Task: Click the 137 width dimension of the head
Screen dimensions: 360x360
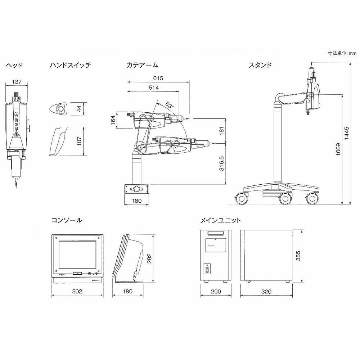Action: (17, 82)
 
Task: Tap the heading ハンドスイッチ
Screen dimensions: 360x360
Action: (71, 65)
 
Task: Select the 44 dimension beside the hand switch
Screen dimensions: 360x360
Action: (79, 109)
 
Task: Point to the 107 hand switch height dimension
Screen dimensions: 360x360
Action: (79, 141)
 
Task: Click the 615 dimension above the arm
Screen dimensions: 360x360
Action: (158, 78)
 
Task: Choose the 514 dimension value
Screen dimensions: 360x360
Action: (154, 87)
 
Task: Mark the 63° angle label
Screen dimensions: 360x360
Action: (170, 105)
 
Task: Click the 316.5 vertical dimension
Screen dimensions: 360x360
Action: (221, 164)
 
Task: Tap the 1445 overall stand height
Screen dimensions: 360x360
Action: (346, 133)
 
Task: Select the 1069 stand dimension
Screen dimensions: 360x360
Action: (338, 150)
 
